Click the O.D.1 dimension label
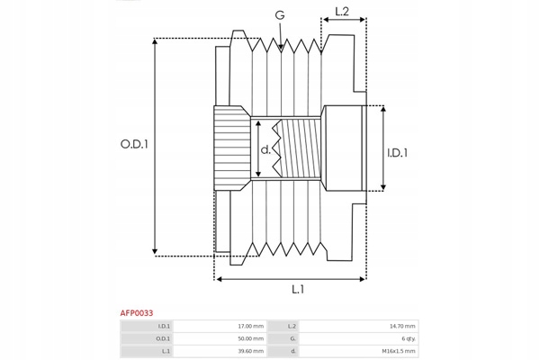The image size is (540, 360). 134,144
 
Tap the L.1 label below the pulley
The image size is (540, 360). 298,290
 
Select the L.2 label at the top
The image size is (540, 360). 342,12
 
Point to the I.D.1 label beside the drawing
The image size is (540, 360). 398,153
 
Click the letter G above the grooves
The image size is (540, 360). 280,15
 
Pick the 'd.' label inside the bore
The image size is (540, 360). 265,149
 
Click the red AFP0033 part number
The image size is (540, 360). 137,313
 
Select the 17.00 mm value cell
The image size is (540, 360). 251,326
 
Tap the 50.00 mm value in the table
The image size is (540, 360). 251,338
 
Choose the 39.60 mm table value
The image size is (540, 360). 251,351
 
